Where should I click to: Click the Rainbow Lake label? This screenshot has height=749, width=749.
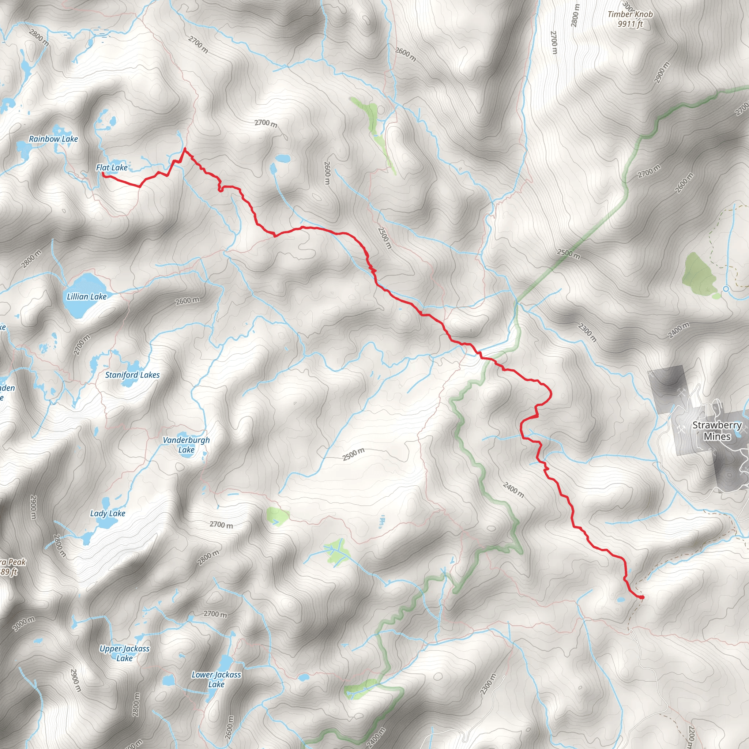pos(53,139)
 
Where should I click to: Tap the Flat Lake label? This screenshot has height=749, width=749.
pos(112,168)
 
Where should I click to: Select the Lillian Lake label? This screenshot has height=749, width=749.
pos(86,297)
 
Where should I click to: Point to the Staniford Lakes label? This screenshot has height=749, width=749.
pos(132,375)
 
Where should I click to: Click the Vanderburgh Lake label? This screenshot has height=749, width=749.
pos(186,445)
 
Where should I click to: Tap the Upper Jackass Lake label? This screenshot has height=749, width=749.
pos(124,653)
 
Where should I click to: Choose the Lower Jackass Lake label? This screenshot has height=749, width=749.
pos(217,680)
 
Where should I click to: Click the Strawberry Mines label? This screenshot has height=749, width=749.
pos(717,430)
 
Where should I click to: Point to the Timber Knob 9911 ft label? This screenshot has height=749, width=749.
pos(630,19)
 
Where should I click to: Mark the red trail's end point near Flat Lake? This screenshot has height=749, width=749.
pos(103,174)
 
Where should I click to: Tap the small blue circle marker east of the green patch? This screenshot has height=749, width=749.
pos(726,289)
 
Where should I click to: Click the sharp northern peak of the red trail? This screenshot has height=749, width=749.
pos(185,148)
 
